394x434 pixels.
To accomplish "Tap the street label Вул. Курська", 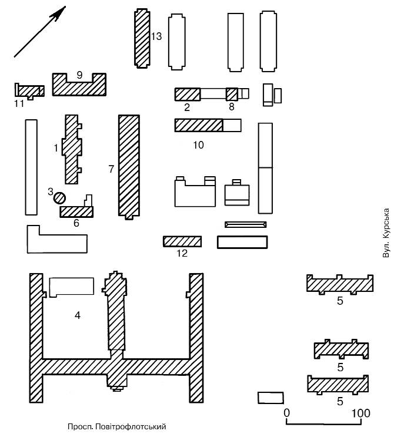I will pyautogui.click(x=386, y=233).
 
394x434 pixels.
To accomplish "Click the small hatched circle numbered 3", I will pyautogui.click(x=59, y=199).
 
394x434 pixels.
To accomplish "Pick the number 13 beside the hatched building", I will pyautogui.click(x=156, y=36).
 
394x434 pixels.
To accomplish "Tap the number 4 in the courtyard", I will pyautogui.click(x=77, y=315).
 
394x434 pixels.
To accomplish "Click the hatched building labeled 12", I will pyautogui.click(x=182, y=241).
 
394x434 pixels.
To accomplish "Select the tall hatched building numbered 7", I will pyautogui.click(x=129, y=166).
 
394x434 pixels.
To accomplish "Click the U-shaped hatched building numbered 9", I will pyautogui.click(x=79, y=86).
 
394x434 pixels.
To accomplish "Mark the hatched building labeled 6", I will pyautogui.click(x=76, y=211).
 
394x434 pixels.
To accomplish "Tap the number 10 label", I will pyautogui.click(x=198, y=145).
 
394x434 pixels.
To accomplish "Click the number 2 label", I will pyautogui.click(x=187, y=107).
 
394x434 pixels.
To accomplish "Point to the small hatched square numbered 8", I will pyautogui.click(x=232, y=94).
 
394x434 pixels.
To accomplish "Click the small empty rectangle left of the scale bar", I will pyautogui.click(x=271, y=398).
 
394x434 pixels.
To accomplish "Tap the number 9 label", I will pyautogui.click(x=79, y=74).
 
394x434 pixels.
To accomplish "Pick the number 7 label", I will pyautogui.click(x=111, y=169).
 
